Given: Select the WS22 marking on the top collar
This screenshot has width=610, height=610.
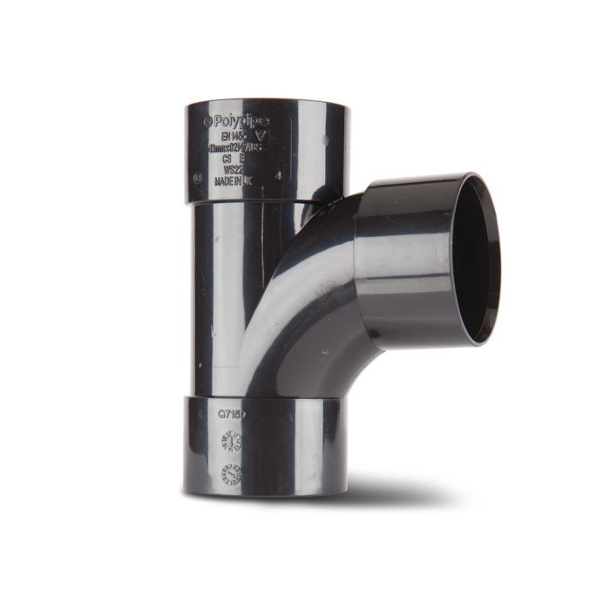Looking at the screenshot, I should click(x=234, y=172).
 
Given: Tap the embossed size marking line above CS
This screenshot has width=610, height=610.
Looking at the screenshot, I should click(x=236, y=149).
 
